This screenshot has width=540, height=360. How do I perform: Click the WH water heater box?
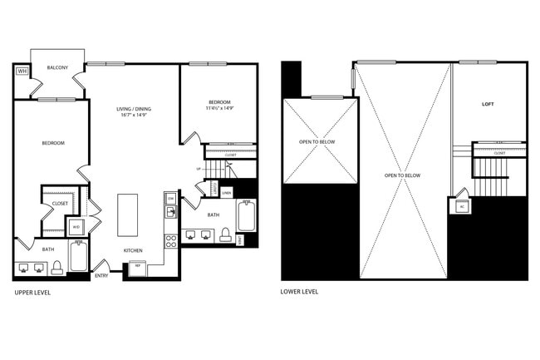point(22,72)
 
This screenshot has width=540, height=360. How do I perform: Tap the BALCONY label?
point(57,67)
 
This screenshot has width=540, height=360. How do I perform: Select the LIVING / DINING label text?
point(133,109)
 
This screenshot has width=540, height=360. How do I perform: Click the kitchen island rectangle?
point(128,216)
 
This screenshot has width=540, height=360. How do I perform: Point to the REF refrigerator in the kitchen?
point(135,268)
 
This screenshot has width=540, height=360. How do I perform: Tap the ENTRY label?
point(101,275)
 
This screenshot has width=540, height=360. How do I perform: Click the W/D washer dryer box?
point(76,226)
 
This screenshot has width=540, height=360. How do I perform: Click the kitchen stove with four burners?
point(171,242)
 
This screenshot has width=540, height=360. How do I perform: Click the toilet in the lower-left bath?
point(57,267)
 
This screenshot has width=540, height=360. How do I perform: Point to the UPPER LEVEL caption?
point(36,293)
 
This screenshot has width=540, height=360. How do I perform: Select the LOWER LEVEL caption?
point(299,292)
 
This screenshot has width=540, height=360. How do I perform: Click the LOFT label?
point(488,104)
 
